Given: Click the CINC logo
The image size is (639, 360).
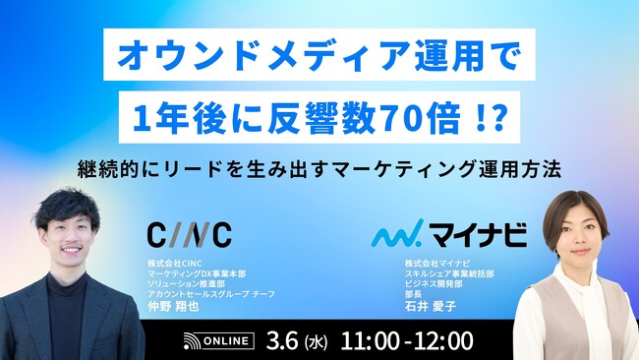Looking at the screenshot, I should (x=189, y=234).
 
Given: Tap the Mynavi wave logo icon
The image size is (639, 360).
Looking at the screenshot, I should (x=396, y=235).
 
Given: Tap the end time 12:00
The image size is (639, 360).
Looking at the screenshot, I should (x=442, y=340).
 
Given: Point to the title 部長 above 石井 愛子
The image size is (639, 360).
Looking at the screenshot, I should (x=414, y=293).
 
